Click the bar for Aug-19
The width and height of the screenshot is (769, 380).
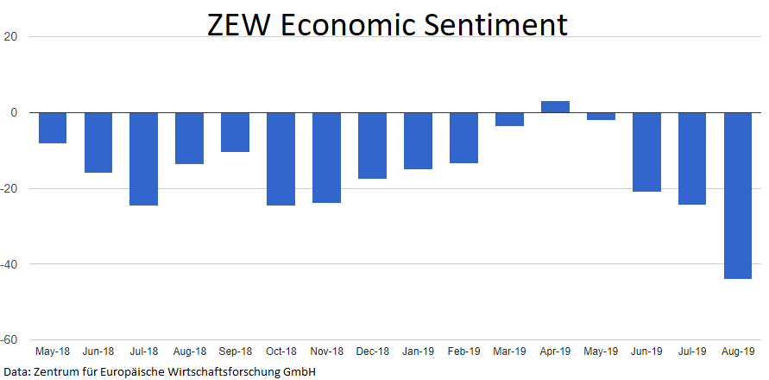[x=737, y=195]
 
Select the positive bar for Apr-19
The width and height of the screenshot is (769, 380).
[x=555, y=107]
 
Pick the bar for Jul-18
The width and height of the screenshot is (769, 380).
[x=143, y=159]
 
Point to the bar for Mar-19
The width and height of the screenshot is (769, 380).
[x=509, y=119]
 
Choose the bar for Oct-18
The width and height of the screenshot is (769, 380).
[x=280, y=159]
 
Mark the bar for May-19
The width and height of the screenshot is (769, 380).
[x=601, y=117]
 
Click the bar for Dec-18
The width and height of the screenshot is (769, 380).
[x=372, y=145]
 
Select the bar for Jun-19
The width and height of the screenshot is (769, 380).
[x=646, y=152]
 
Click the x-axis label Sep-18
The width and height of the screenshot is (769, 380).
[x=235, y=351]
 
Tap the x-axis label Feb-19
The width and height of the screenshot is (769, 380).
[x=463, y=351]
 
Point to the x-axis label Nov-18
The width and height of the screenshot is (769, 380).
[x=326, y=351]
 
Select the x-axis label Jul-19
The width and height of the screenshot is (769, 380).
[x=692, y=351]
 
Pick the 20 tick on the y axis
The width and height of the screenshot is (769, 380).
[x=12, y=37]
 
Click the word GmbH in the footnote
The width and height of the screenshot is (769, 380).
[x=298, y=372]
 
